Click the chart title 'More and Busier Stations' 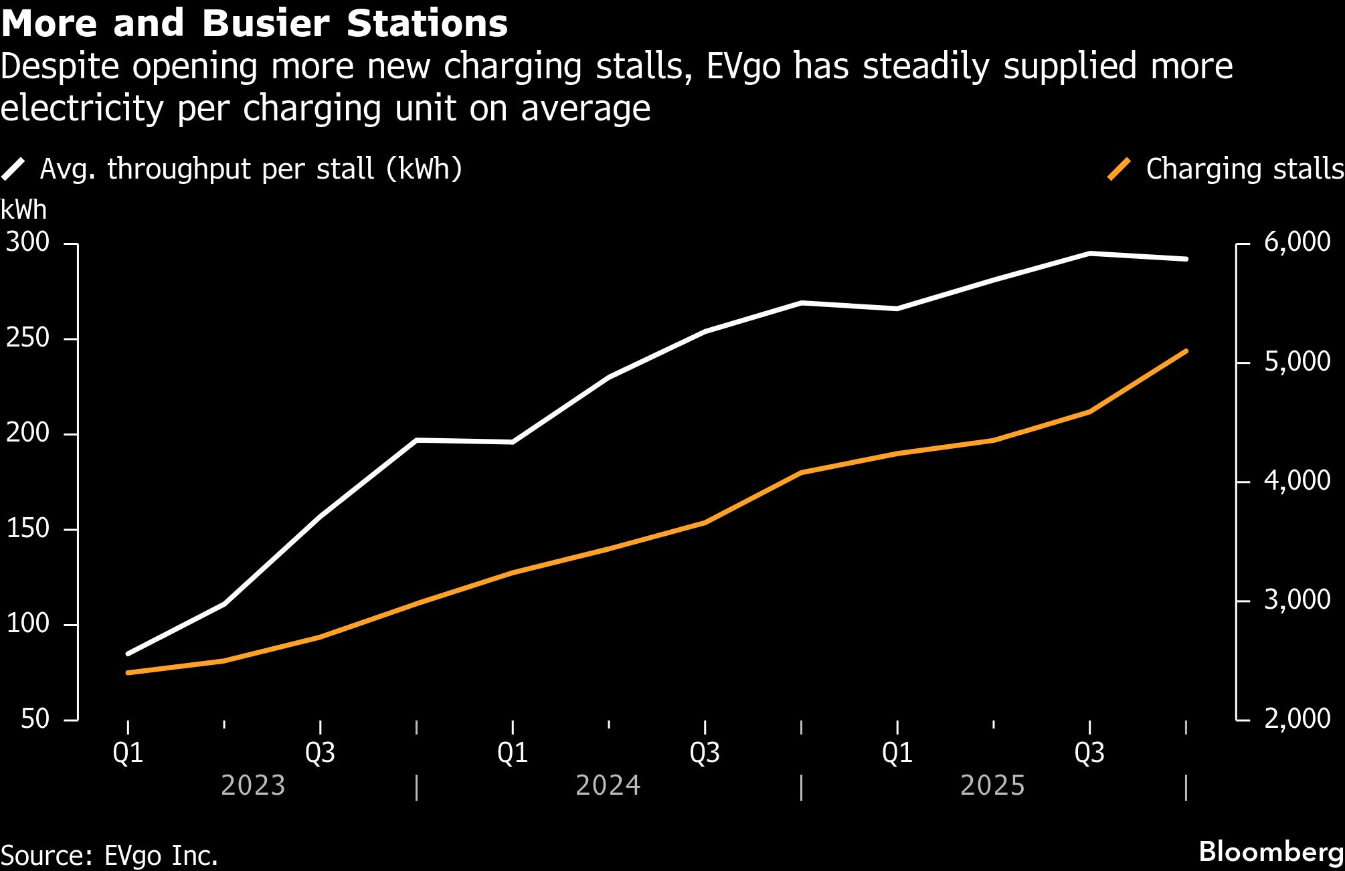254,23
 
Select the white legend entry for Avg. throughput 231,169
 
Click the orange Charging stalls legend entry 1225,169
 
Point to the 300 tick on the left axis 28,242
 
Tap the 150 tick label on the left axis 28,528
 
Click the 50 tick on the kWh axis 35,719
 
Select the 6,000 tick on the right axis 1297,242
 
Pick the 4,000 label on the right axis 1297,480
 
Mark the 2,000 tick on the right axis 1297,718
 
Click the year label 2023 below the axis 253,785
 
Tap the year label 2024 608,785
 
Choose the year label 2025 992,785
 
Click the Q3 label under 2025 1089,753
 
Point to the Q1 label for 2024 513,753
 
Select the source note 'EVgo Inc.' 161,856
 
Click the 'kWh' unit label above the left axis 24,210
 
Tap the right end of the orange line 1186,351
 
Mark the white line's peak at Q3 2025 1089,254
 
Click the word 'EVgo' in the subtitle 743,67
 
